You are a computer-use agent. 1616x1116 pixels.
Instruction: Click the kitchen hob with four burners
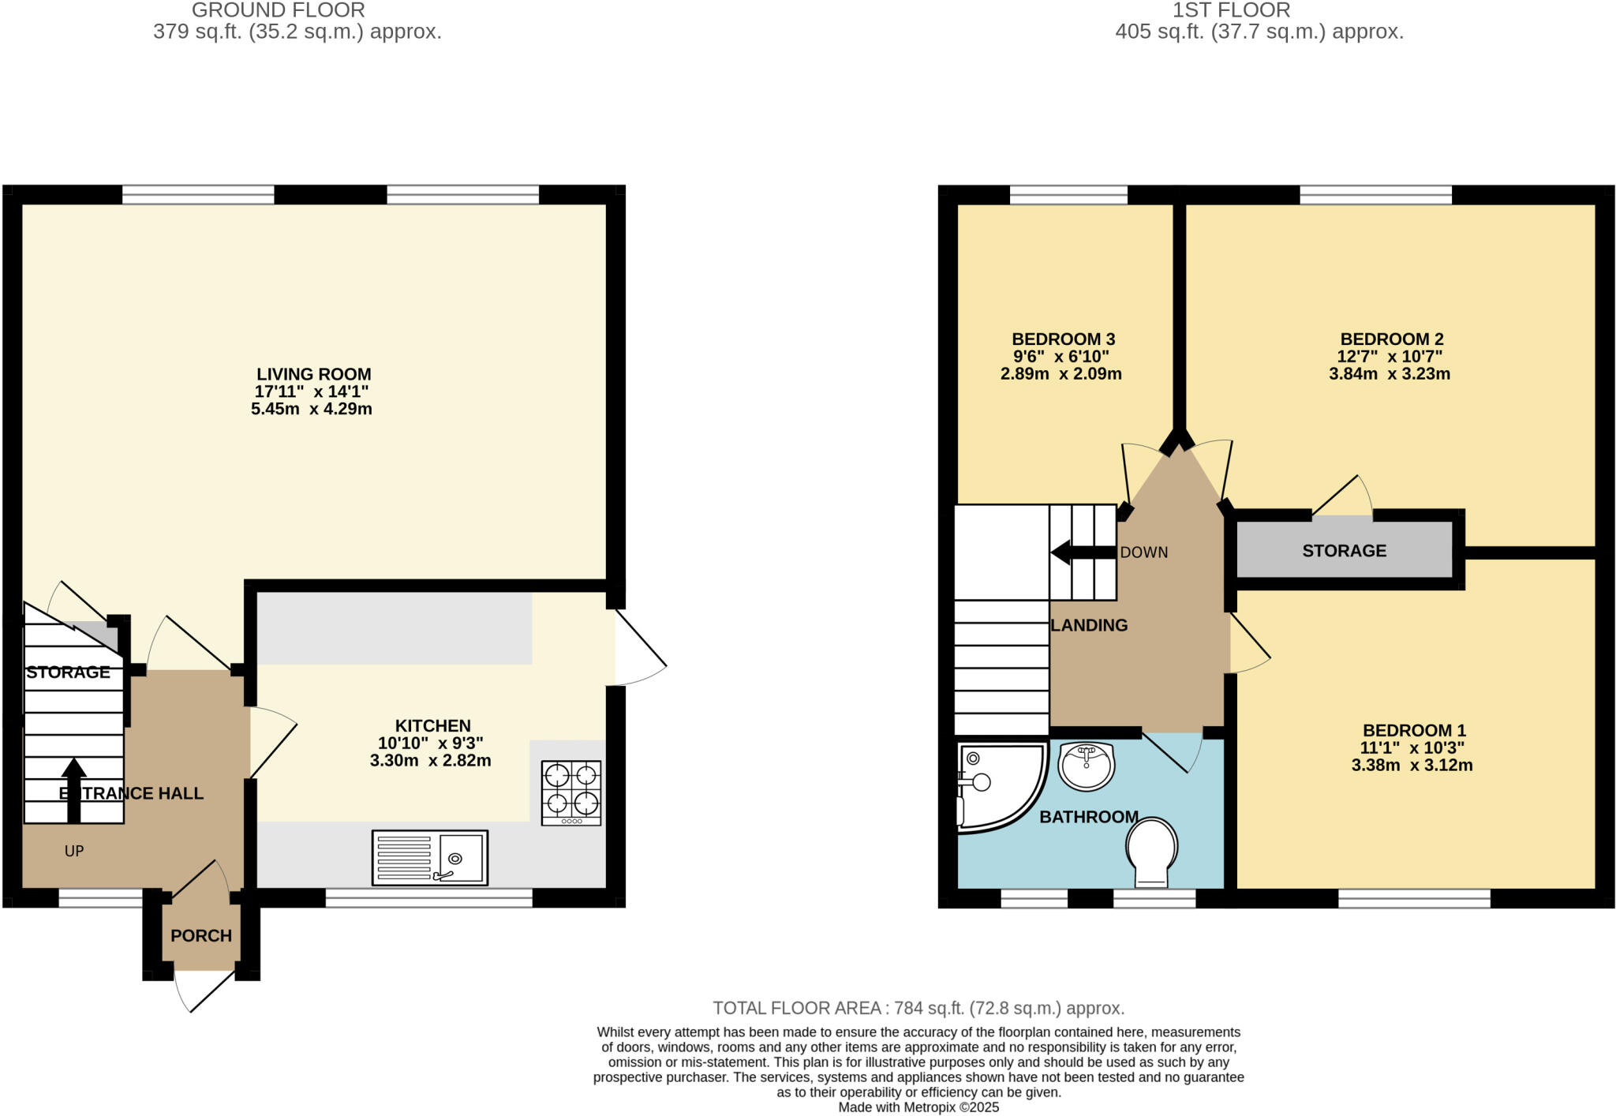pos(571,792)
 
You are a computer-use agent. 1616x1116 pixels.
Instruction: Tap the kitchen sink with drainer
pos(430,857)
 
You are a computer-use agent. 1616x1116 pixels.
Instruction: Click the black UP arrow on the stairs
pos(74,789)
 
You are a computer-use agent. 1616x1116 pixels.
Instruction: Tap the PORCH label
pos(201,935)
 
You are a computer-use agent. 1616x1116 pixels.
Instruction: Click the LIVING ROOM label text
pos(313,374)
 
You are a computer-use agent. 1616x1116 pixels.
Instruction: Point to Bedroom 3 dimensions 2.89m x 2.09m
pos(1060,374)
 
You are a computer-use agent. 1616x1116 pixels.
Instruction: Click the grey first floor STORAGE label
pos(1344,551)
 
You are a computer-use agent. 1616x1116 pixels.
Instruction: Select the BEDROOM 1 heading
pos(1413,730)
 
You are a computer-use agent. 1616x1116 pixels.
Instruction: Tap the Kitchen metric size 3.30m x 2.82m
pos(430,761)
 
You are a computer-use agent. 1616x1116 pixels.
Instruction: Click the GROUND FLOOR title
pos(278,10)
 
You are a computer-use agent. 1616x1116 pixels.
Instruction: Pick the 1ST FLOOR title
pos(1231,10)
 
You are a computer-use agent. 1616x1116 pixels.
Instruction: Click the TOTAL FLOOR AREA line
pos(918,1008)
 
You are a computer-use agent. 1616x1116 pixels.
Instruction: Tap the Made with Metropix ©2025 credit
pos(918,1107)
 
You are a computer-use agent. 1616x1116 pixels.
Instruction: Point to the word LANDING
pos(1089,625)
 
